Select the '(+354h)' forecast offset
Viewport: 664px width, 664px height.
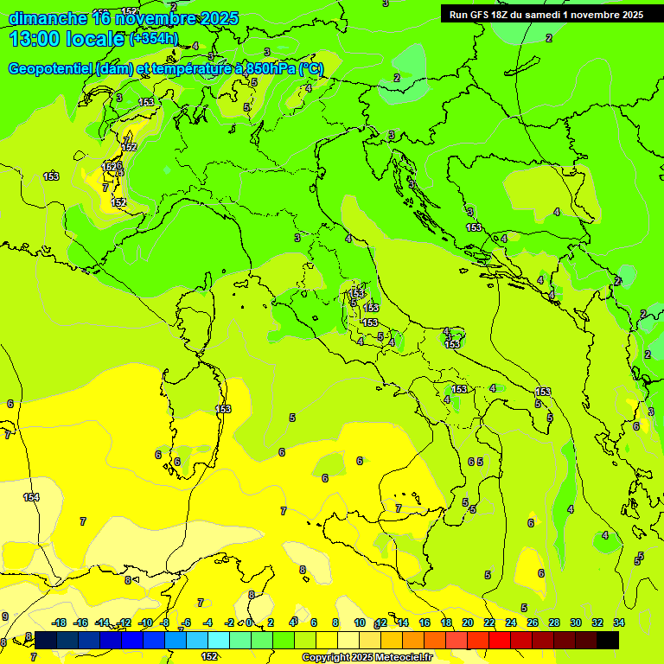click(x=153, y=39)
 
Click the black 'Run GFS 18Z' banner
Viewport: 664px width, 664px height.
click(x=546, y=15)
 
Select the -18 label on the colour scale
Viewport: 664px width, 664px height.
click(x=59, y=622)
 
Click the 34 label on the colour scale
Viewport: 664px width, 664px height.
click(x=619, y=622)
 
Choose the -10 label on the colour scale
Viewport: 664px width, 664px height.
click(x=145, y=622)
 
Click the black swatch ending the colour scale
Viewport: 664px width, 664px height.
click(x=607, y=640)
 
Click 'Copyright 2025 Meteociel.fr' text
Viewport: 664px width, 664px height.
click(x=367, y=657)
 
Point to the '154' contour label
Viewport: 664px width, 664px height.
click(x=31, y=497)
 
